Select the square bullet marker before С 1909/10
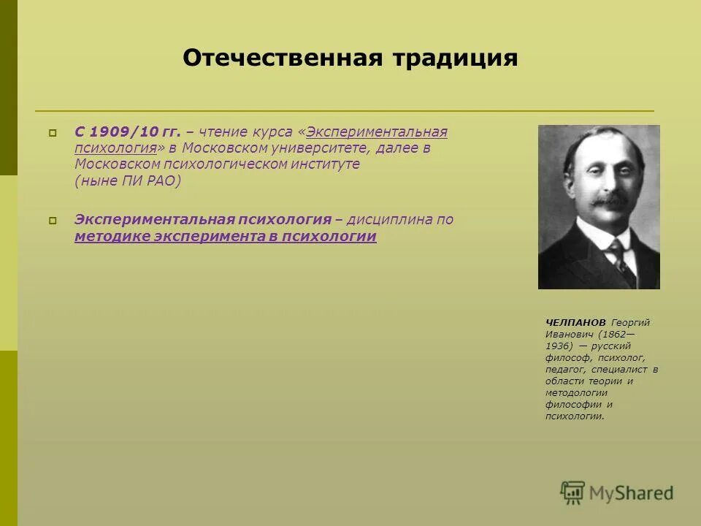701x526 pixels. (53, 133)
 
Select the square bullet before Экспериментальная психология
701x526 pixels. (53, 221)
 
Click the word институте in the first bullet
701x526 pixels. (329, 164)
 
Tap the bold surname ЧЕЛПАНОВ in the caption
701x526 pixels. (575, 322)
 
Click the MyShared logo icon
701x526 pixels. (572, 492)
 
